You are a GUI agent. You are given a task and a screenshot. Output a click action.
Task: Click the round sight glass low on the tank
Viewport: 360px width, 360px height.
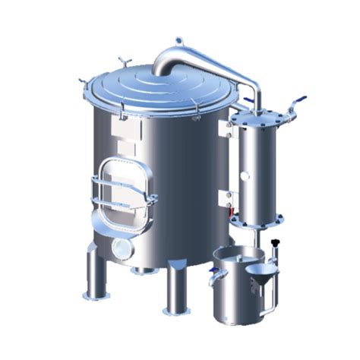tap(121, 248)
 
